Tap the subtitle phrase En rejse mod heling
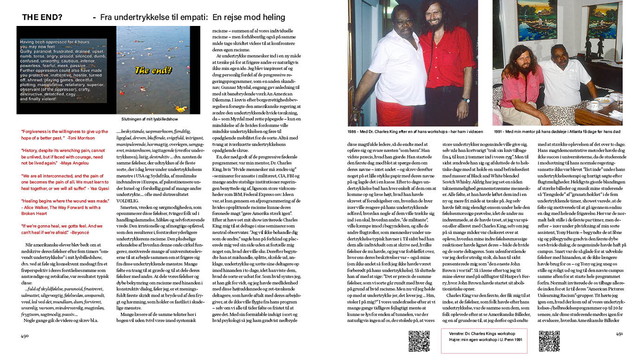pos(249,18)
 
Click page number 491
pos(619,334)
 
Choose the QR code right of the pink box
pos(549,341)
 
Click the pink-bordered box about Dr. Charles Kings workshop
pos(484,341)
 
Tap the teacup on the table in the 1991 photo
pos(594,105)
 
